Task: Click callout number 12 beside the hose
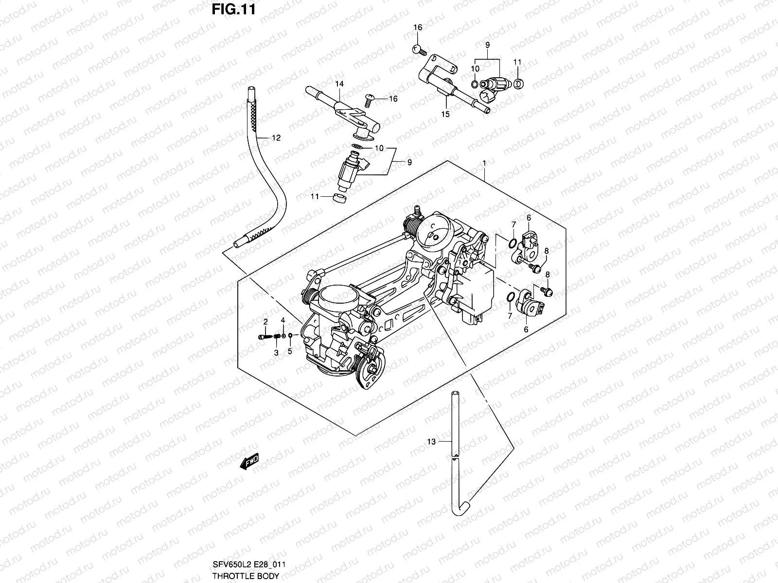click(276, 138)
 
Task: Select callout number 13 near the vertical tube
click(431, 442)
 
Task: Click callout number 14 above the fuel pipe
click(339, 84)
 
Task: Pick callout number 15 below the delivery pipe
click(445, 114)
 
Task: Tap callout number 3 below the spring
click(276, 353)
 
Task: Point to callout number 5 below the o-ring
click(290, 352)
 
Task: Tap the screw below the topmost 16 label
click(418, 49)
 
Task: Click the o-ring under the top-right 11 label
click(518, 84)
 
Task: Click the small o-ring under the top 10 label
click(475, 85)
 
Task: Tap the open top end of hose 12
click(250, 89)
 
